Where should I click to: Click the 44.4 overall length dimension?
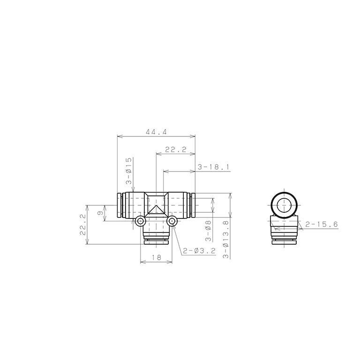click(x=156, y=132)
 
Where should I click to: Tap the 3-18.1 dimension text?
click(x=214, y=167)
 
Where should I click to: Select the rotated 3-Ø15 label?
click(x=129, y=171)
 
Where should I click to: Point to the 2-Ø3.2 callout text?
click(x=199, y=251)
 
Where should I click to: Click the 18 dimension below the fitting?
click(x=156, y=257)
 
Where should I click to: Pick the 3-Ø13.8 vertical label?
click(x=226, y=240)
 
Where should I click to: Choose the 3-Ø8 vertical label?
click(x=208, y=231)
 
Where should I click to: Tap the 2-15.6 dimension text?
click(x=322, y=224)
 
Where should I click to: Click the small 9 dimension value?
click(x=100, y=213)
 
